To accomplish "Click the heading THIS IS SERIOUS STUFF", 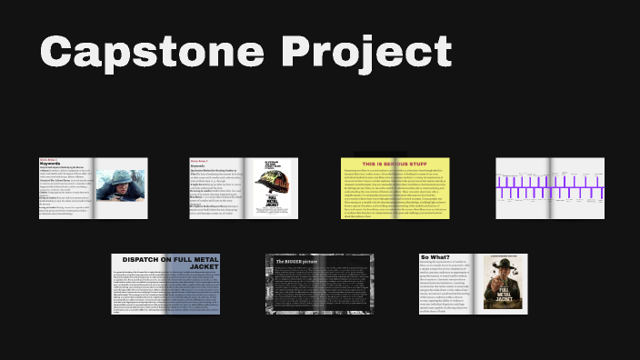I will [395, 163].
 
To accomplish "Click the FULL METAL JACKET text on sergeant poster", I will [505, 295].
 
